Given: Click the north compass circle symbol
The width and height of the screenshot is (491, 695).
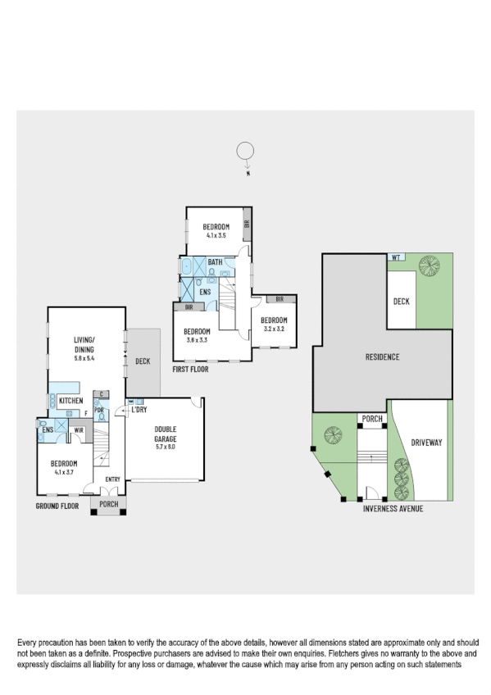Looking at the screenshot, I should pyautogui.click(x=244, y=151).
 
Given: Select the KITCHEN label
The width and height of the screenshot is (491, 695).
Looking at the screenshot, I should pyautogui.click(x=70, y=400).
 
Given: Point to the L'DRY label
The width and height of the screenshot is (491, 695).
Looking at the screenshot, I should pyautogui.click(x=139, y=409).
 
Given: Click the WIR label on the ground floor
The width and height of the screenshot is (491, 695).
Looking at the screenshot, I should pyautogui.click(x=80, y=429).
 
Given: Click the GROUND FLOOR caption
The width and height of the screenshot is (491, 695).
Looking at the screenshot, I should pyautogui.click(x=57, y=506).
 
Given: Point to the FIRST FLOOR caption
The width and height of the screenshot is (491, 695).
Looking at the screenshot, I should pyautogui.click(x=190, y=370).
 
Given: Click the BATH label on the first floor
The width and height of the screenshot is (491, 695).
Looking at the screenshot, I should pyautogui.click(x=215, y=262).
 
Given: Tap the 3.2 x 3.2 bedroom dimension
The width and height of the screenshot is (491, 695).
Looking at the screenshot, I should pyautogui.click(x=274, y=329).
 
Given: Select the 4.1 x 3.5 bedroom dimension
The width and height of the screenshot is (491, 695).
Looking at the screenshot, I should pyautogui.click(x=216, y=236).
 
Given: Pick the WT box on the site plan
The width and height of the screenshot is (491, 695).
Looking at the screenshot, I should pyautogui.click(x=396, y=257).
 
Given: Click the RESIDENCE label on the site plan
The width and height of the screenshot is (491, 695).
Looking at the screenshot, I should pyautogui.click(x=381, y=357).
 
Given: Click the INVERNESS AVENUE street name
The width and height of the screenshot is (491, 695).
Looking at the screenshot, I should pyautogui.click(x=394, y=508).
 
